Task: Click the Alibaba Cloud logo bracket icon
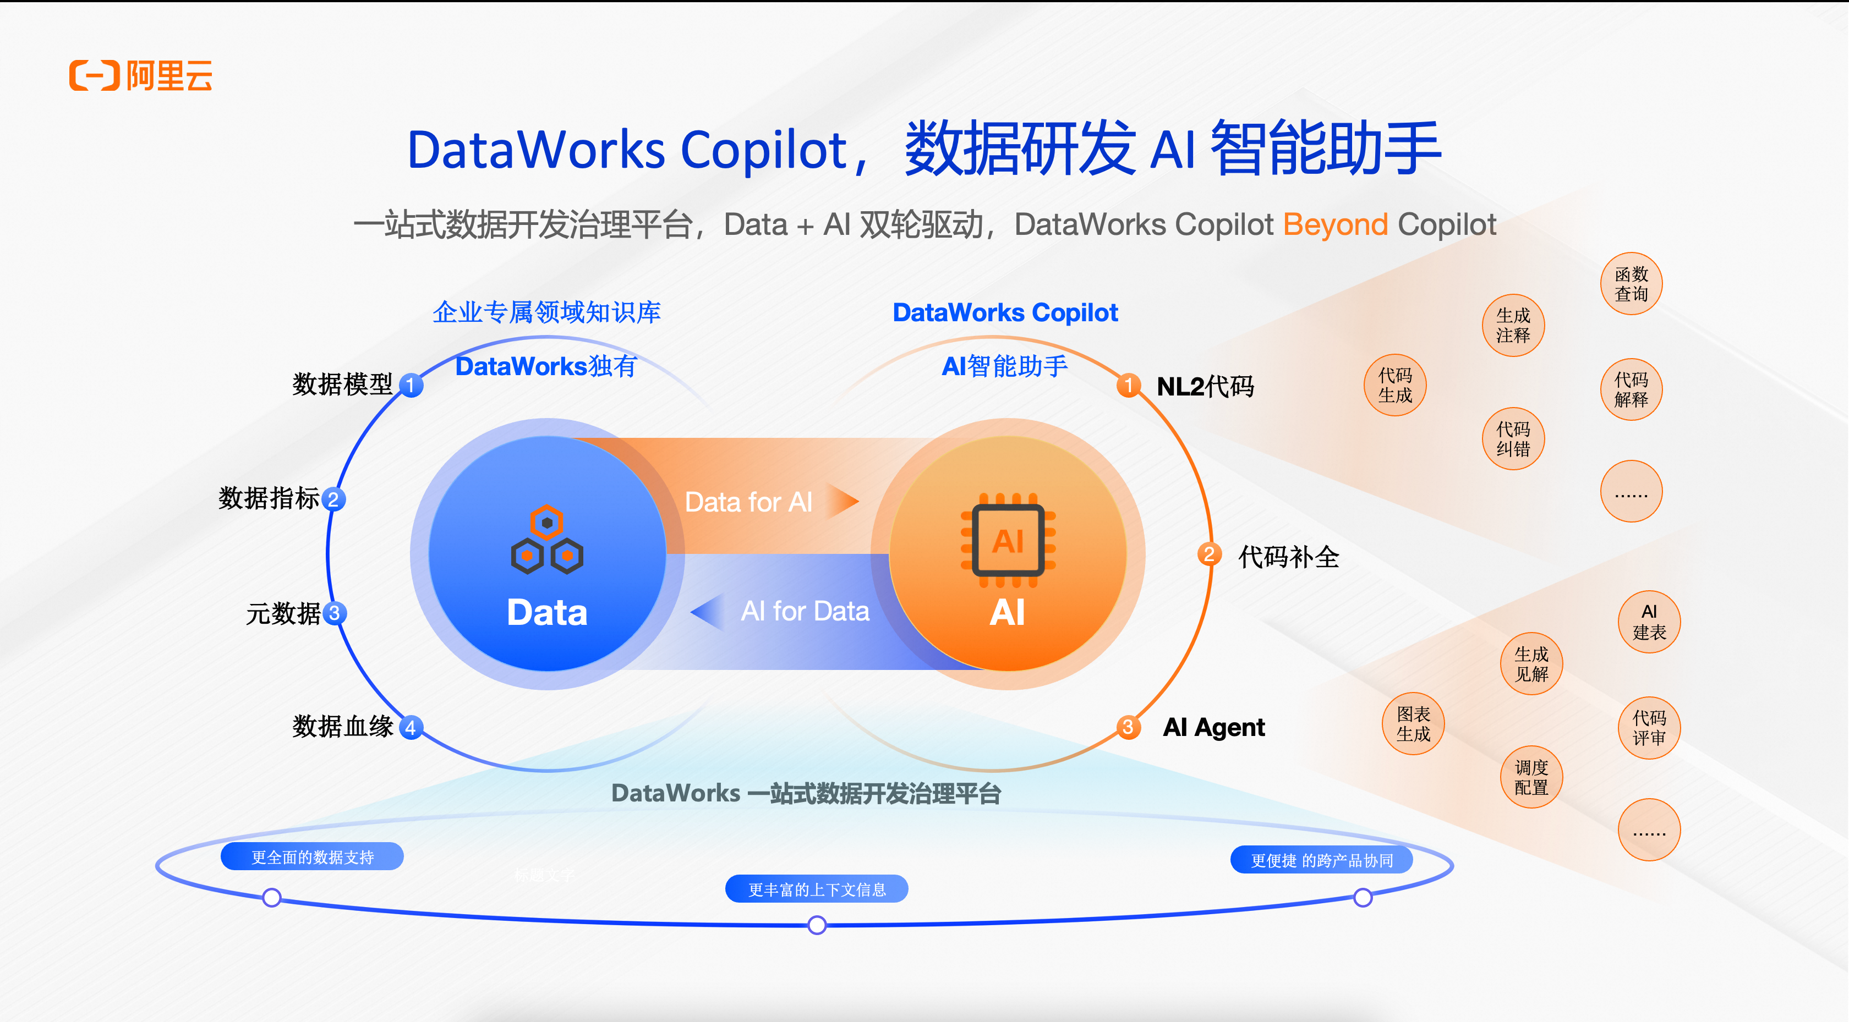click(94, 75)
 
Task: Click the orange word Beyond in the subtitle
click(1335, 224)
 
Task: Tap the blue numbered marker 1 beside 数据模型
click(411, 386)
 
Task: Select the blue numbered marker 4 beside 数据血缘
click(411, 727)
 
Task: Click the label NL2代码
click(1205, 387)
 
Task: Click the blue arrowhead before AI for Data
click(708, 612)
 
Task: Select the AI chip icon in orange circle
click(1008, 540)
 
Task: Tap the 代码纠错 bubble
click(1513, 439)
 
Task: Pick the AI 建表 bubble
click(1649, 622)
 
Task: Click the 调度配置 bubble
click(1531, 777)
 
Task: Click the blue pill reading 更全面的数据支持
click(312, 857)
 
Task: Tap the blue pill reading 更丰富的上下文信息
click(817, 889)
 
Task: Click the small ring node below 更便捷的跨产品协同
click(1363, 897)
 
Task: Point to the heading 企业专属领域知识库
click(546, 312)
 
